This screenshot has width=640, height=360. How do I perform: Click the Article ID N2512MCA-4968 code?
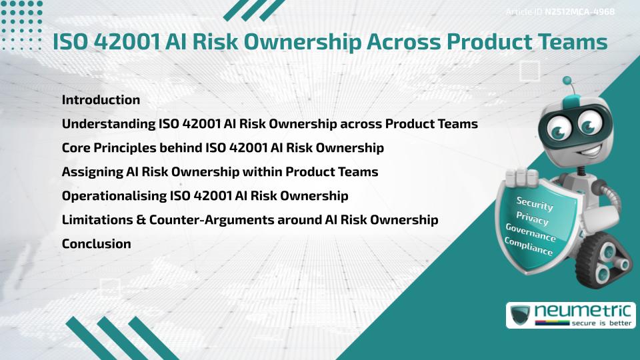pos(578,11)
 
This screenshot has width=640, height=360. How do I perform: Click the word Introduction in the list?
pos(101,100)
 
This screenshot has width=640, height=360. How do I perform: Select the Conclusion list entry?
pos(96,244)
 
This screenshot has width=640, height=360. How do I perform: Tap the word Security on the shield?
pos(534,204)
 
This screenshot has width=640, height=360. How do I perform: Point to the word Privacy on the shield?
pos(532,218)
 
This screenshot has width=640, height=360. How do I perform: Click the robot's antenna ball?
pos(567,81)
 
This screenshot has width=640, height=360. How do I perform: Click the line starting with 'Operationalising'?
pos(205,196)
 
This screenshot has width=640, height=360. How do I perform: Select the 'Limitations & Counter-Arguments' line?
pos(250,220)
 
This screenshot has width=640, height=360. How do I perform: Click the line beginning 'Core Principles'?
pos(223,148)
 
